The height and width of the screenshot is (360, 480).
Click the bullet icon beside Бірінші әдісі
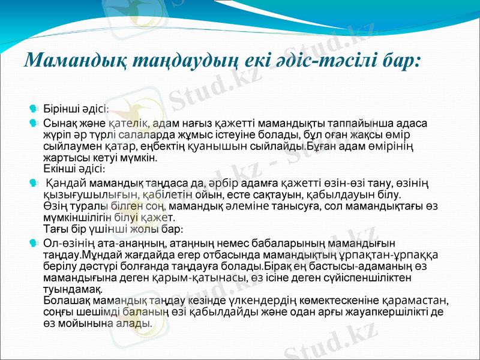point(34,109)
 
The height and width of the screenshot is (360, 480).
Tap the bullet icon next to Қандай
point(34,182)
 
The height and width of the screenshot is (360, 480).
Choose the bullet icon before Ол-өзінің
point(34,242)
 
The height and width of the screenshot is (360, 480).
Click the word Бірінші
point(62,110)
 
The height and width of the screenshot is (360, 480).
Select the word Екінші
point(62,169)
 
